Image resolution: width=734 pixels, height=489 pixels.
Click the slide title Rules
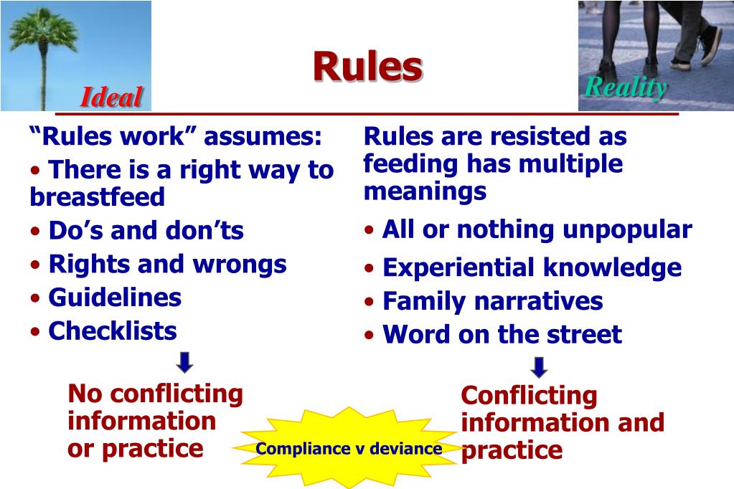[x=367, y=67]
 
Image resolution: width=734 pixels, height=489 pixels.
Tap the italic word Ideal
[x=111, y=97]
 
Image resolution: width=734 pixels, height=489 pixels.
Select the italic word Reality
[x=625, y=87]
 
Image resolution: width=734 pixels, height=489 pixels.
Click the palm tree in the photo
[x=43, y=43]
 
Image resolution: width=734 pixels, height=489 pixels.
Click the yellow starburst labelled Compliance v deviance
[x=349, y=449]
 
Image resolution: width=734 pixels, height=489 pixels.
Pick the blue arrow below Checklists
[x=184, y=362]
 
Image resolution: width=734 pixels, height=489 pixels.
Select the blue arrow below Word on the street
[x=539, y=367]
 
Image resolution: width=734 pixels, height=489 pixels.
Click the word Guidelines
[x=115, y=297]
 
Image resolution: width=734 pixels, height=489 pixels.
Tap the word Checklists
[x=113, y=331]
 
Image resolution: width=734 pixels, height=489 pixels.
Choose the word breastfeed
[x=98, y=196]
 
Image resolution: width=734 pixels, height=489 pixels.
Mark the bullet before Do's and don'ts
[x=36, y=232]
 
